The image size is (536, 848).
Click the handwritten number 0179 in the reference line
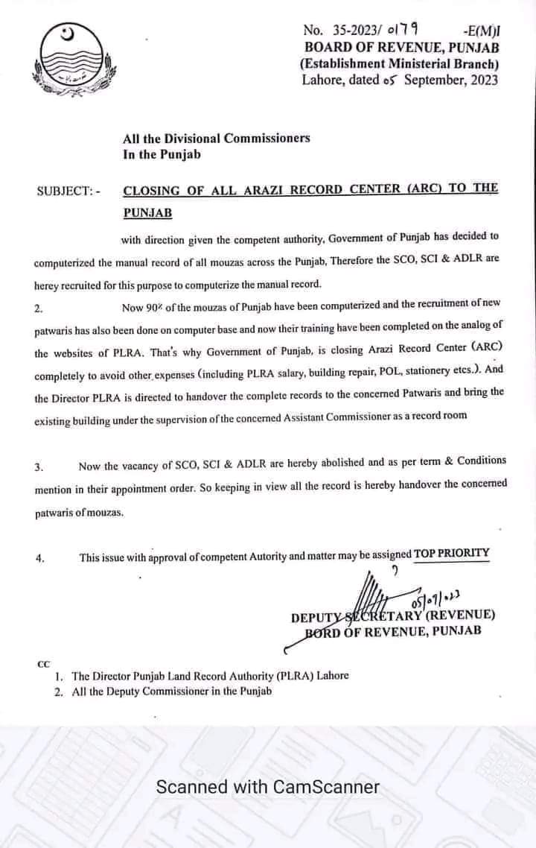point(399,30)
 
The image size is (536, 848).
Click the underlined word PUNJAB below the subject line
point(148,213)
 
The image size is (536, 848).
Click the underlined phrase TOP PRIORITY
point(452,553)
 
